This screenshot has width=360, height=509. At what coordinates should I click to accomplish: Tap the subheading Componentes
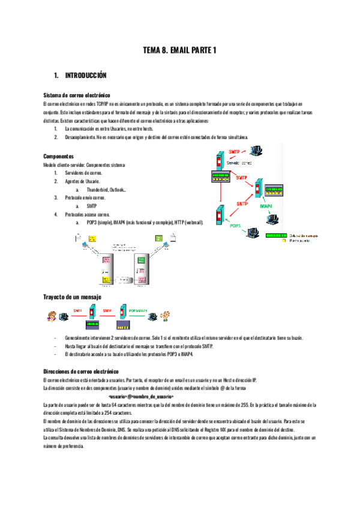(59, 156)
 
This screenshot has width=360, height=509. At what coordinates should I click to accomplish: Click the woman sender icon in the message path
(52, 316)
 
